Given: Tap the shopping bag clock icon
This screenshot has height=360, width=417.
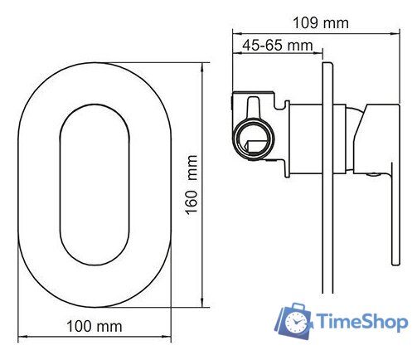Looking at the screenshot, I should pyautogui.click(x=294, y=321).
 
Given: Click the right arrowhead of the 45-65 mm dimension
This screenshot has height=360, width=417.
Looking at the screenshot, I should pyautogui.click(x=316, y=55).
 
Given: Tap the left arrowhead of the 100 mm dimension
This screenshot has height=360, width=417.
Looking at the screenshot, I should pyautogui.click(x=21, y=338).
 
